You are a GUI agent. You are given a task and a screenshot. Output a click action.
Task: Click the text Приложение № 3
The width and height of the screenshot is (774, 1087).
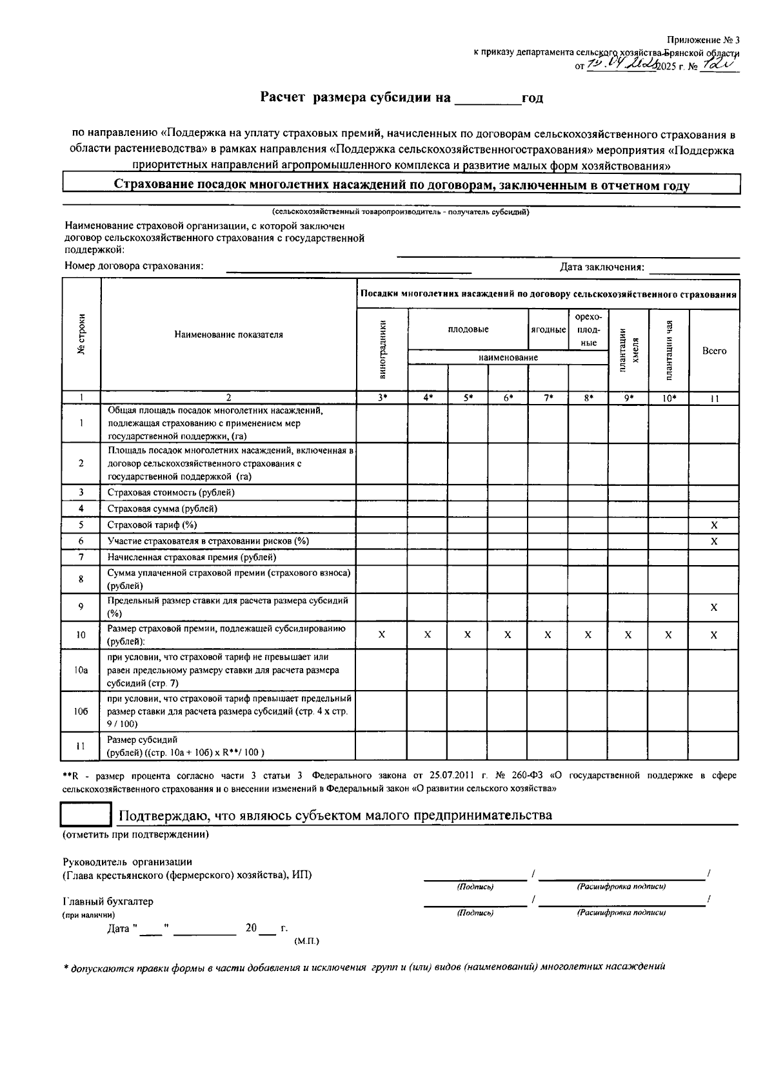click(x=703, y=40)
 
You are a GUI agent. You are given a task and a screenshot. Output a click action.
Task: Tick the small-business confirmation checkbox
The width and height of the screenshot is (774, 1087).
click(x=86, y=814)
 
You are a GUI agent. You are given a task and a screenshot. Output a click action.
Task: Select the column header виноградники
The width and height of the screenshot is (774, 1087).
click(x=383, y=349)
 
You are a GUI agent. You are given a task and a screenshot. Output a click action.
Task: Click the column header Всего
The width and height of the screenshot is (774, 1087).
click(x=714, y=351)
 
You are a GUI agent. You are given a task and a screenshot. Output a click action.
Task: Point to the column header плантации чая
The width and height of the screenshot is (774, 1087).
click(x=670, y=350)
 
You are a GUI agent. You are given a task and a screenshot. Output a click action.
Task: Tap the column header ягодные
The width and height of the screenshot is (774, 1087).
click(x=548, y=329)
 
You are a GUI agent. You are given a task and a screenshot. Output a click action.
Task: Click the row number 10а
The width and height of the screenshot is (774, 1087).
click(x=81, y=670)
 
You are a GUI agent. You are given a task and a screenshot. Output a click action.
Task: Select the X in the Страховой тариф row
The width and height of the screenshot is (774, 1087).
click(x=714, y=525)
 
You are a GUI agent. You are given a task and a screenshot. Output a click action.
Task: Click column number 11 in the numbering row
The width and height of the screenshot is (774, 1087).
click(x=714, y=399)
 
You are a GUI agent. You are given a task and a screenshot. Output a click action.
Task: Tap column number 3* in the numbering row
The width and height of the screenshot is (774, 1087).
click(x=382, y=398)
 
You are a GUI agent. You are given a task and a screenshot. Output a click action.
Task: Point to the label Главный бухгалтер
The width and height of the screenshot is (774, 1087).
click(x=108, y=901)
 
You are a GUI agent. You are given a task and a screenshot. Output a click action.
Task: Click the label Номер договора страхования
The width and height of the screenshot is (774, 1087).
click(x=134, y=266)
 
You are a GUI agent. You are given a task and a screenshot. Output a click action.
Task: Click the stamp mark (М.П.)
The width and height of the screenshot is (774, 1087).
click(x=306, y=941)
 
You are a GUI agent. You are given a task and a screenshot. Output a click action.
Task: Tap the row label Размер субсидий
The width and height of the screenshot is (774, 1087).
click(x=143, y=740)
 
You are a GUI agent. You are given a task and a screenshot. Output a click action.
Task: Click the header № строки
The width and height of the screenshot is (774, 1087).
click(x=81, y=334)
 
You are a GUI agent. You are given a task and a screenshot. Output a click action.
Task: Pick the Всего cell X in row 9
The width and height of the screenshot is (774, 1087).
click(x=714, y=607)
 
